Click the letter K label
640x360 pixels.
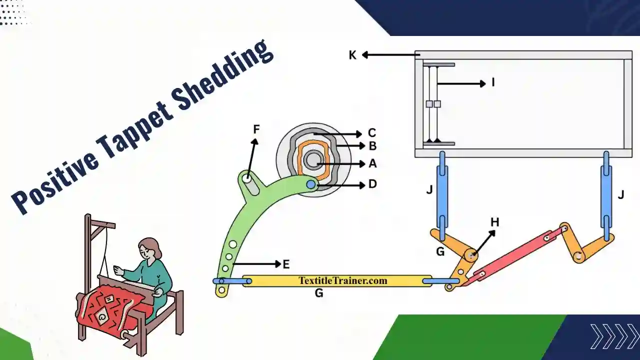pos(352,55)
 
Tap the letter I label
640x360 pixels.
pos(493,82)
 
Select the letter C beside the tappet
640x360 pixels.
pos(371,133)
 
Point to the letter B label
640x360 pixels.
pos(372,146)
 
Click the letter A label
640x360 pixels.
pos(372,163)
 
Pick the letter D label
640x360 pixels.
pos(372,184)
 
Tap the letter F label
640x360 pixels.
pos(256,130)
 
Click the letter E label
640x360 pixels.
pos(286,264)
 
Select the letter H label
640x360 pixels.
pos(494,222)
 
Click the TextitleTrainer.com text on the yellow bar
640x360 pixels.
pos(343,280)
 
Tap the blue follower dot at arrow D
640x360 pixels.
pos(311,185)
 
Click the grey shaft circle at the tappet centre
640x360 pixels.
pos(313,160)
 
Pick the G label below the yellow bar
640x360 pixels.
pos(318,293)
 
